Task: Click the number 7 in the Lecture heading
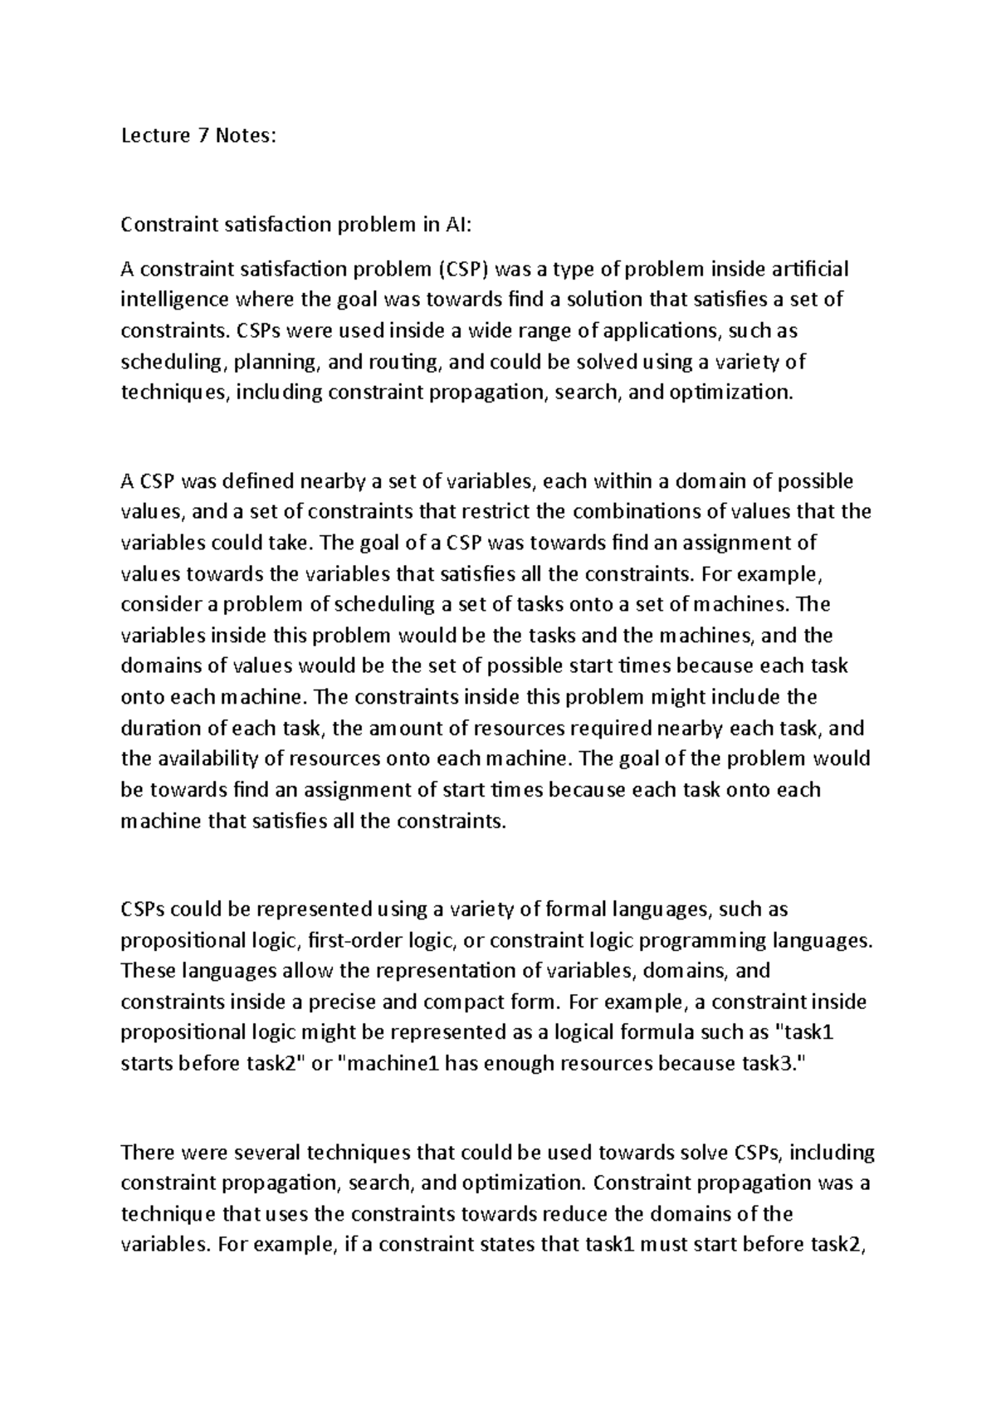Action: click(x=203, y=136)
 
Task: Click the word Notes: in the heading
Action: click(x=244, y=136)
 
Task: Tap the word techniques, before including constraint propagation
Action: click(x=176, y=392)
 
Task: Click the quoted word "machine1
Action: click(x=389, y=1064)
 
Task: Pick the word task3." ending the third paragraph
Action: click(x=772, y=1064)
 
